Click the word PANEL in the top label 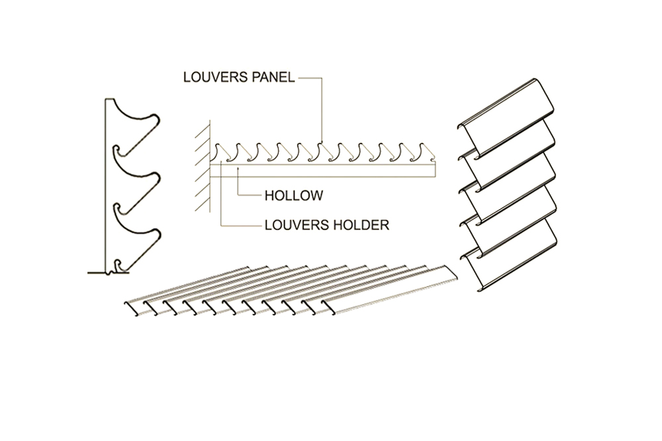pos(271,77)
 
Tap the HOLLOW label pos(293,196)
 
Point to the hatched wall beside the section pos(201,165)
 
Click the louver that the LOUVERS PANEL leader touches pos(322,151)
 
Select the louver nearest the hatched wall pos(219,152)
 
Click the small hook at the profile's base pos(119,266)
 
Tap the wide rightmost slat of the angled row pos(391,291)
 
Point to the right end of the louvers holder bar pos(434,171)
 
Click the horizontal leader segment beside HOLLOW pos(248,196)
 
